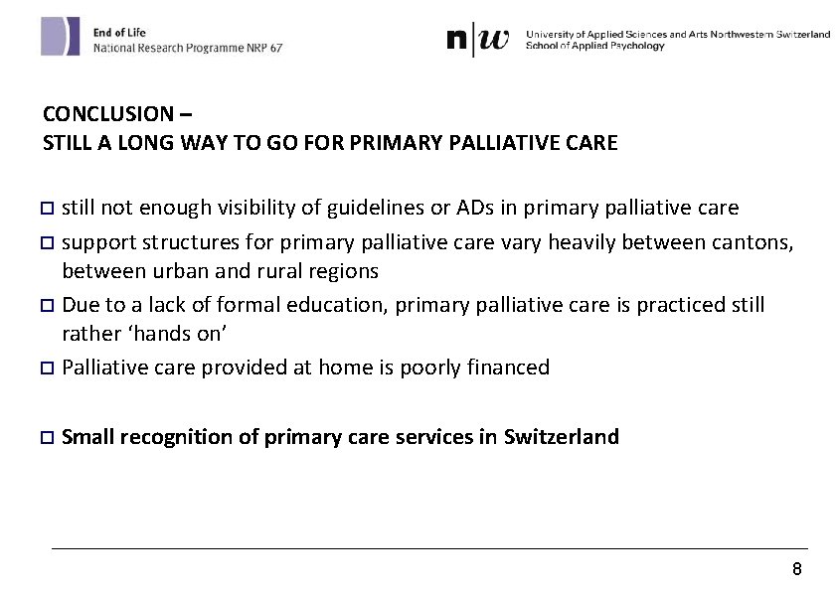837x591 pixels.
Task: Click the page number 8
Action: tap(796, 569)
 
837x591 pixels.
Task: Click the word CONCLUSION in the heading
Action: tap(93, 114)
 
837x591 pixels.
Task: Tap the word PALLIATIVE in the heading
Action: tap(471, 143)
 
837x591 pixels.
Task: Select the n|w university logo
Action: tap(478, 40)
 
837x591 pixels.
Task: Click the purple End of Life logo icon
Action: tap(60, 37)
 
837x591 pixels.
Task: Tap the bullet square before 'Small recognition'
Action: tap(48, 437)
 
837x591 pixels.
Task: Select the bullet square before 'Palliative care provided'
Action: tap(48, 368)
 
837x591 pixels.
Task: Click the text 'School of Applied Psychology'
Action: tap(594, 46)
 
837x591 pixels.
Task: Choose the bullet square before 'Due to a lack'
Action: tap(48, 304)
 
